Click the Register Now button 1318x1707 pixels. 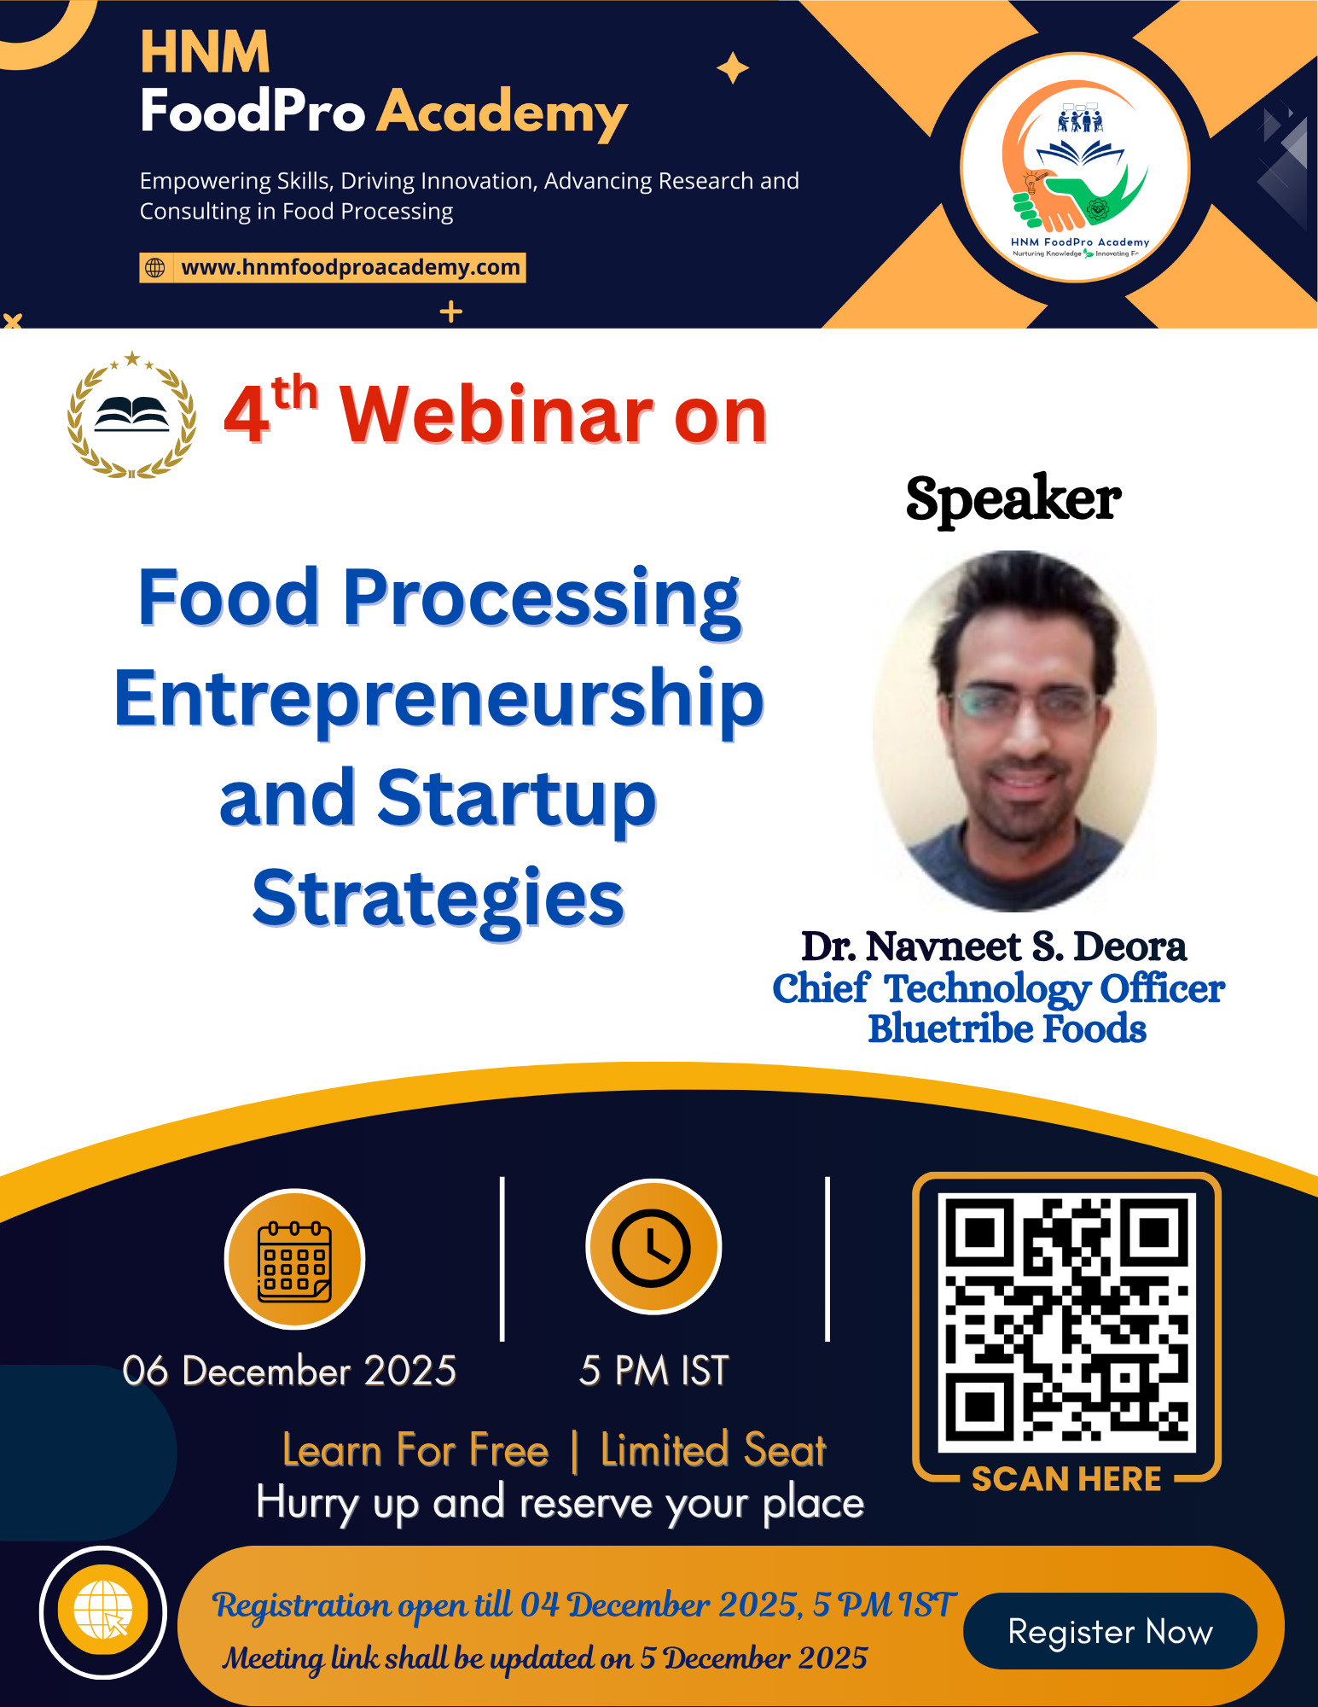[x=1109, y=1631]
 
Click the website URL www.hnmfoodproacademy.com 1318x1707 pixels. [x=350, y=267]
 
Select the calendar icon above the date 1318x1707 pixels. [x=294, y=1261]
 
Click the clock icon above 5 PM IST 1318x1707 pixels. [x=653, y=1248]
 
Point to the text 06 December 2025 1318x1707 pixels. [x=289, y=1372]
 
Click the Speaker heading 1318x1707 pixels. [x=1013, y=498]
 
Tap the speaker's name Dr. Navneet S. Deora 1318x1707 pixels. [x=994, y=947]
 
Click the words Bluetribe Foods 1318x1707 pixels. [x=1007, y=1028]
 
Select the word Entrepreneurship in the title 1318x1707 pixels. [x=439, y=698]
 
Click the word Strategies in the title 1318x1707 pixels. [x=438, y=898]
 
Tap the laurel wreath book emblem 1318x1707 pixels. [x=131, y=416]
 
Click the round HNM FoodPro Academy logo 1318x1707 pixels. [x=1075, y=168]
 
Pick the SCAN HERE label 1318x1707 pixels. [x=1066, y=1479]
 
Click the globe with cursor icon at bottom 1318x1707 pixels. [x=103, y=1611]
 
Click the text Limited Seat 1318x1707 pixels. [x=713, y=1450]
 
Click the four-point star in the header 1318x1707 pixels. [x=732, y=68]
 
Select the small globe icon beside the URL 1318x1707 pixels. [x=155, y=267]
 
